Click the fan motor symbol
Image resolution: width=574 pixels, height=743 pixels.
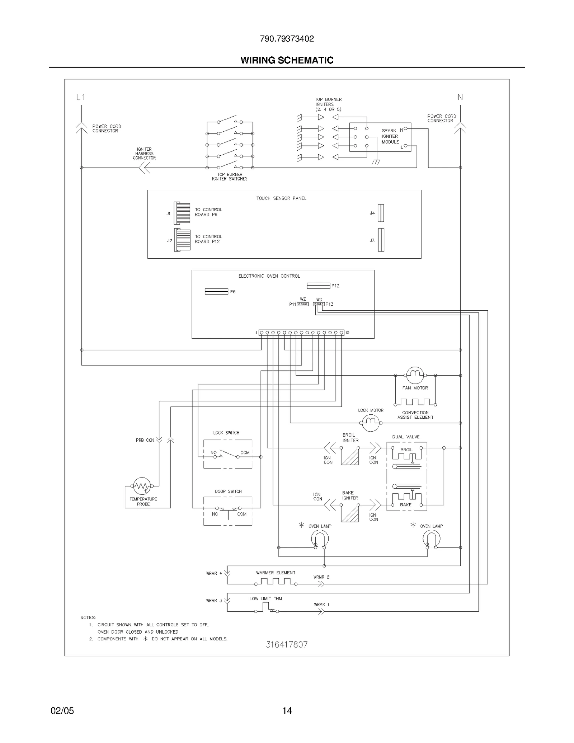(415, 375)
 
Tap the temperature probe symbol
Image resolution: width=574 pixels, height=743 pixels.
(142, 486)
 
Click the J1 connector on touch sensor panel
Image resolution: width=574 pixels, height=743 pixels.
(182, 213)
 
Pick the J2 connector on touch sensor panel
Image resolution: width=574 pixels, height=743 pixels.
(182, 240)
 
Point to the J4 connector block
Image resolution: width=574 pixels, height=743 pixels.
(381, 213)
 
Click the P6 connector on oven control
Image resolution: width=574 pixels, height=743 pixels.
(216, 291)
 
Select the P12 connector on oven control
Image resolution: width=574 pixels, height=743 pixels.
(318, 286)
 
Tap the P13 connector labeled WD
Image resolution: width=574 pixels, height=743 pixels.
(319, 304)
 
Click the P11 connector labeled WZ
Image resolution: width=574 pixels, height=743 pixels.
(302, 304)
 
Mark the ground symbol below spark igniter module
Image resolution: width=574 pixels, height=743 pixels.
(376, 162)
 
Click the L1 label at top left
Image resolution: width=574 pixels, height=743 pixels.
(81, 97)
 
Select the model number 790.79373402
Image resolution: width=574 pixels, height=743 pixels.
(287, 39)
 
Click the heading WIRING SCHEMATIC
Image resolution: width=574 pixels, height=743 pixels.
(287, 60)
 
